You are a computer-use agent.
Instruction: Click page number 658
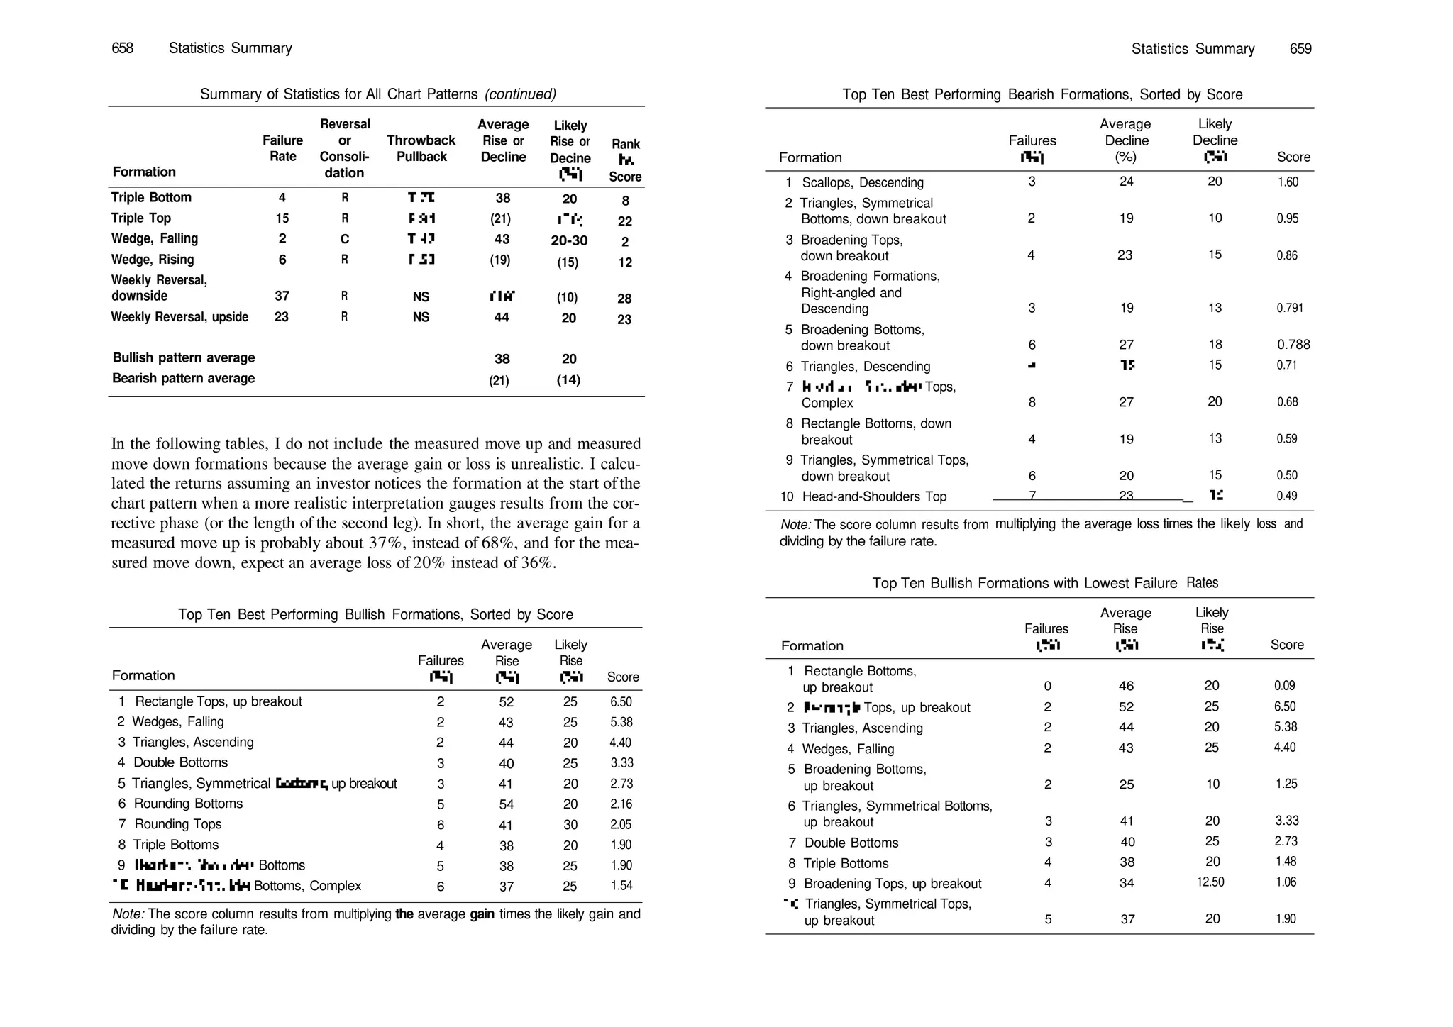pos(122,48)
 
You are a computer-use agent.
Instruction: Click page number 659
pos(1300,49)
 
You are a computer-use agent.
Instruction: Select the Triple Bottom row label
pos(151,197)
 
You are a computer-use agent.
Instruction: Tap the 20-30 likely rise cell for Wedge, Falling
pos(569,240)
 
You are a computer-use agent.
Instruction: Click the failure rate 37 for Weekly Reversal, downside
pos(282,296)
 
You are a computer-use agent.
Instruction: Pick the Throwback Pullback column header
pos(421,148)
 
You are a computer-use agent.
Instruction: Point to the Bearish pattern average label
pos(183,378)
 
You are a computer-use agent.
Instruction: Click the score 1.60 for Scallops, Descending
pos(1287,182)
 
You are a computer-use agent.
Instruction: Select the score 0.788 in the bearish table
pos(1293,345)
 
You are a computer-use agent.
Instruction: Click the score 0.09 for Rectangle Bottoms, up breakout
pos(1284,686)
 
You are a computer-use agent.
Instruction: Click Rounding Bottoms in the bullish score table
pos(188,804)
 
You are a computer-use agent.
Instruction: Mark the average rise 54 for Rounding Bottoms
pos(506,804)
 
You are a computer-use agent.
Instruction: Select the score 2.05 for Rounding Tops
pos(621,824)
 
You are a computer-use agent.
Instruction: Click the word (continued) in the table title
pos(520,94)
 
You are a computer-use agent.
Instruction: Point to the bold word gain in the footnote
pos(482,914)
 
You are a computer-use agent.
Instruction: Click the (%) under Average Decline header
pos(1125,157)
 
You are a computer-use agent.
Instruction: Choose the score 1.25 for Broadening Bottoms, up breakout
pos(1286,784)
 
